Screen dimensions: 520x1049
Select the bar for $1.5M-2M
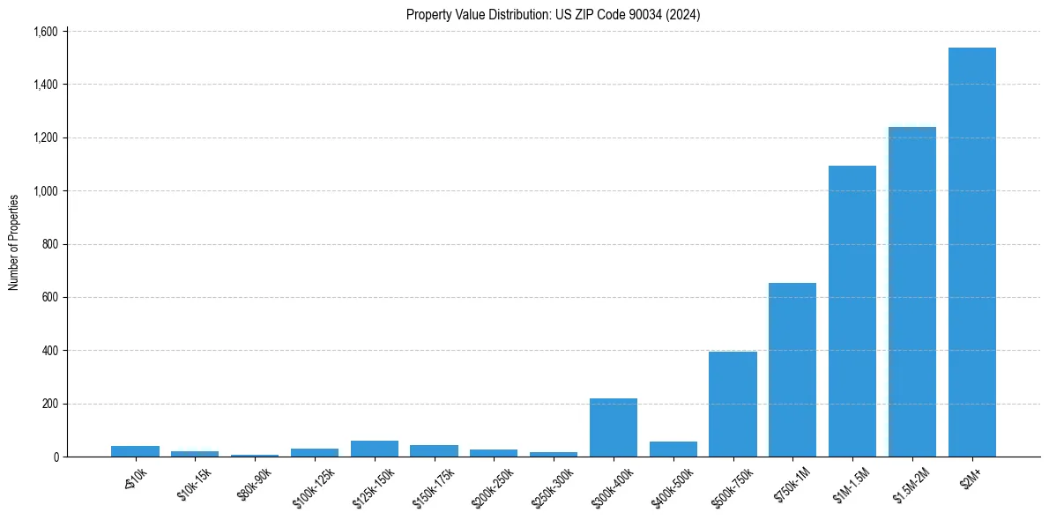coord(911,292)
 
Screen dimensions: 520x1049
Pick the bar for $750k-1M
coord(792,370)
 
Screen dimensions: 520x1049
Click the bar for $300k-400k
coord(614,427)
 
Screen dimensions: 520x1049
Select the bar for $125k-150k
coord(375,449)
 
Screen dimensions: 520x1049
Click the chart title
coord(553,15)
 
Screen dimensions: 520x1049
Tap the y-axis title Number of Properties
coord(14,243)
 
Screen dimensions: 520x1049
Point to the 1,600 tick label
coord(45,32)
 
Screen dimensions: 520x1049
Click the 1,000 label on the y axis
coord(45,191)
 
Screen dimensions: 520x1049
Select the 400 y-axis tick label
coord(49,351)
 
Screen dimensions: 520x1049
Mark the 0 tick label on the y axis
coord(55,457)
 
